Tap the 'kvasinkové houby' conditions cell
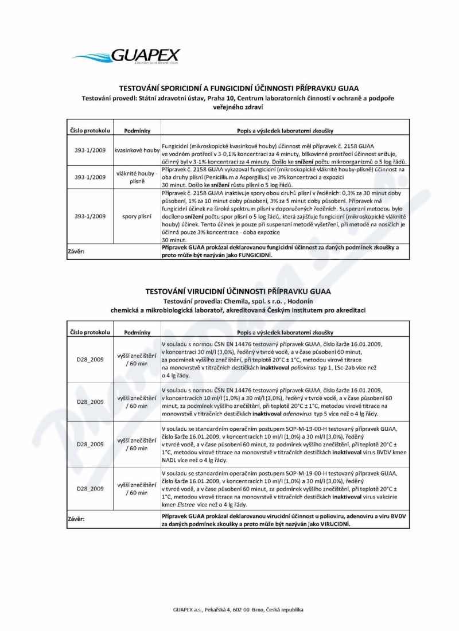[x=137, y=150]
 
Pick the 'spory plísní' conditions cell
[x=137, y=216]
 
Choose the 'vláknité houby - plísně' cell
[x=137, y=177]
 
